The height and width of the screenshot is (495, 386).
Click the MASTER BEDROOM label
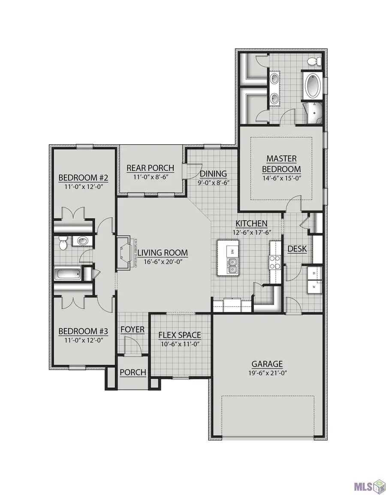(281, 164)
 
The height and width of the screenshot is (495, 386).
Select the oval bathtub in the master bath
(313, 85)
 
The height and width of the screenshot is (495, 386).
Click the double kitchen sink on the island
(232, 269)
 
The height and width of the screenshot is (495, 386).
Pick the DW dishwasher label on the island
(232, 251)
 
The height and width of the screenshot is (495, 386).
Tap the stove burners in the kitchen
(274, 262)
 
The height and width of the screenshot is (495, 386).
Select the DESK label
(297, 249)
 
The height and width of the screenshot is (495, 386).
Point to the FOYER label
(132, 329)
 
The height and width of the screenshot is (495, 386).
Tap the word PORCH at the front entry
(133, 372)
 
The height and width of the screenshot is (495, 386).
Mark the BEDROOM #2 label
(83, 178)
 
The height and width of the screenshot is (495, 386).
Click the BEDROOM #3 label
(83, 331)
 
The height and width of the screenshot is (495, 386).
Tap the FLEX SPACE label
(179, 335)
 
